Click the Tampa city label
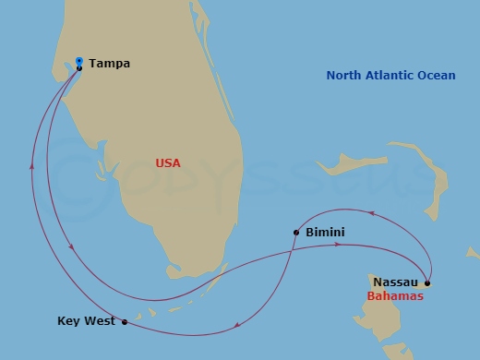point(110,65)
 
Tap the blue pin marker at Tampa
point(79,59)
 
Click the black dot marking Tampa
point(79,67)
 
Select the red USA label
point(168,163)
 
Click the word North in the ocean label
point(346,76)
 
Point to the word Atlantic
point(394,76)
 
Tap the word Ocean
point(438,76)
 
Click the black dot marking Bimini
point(295,233)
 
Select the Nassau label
point(395,282)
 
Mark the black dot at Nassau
point(426,282)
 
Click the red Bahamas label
point(395,297)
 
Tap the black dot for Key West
point(125,322)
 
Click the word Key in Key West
point(68,321)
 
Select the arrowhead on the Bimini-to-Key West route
point(239,323)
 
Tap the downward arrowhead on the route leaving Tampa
point(72,245)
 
